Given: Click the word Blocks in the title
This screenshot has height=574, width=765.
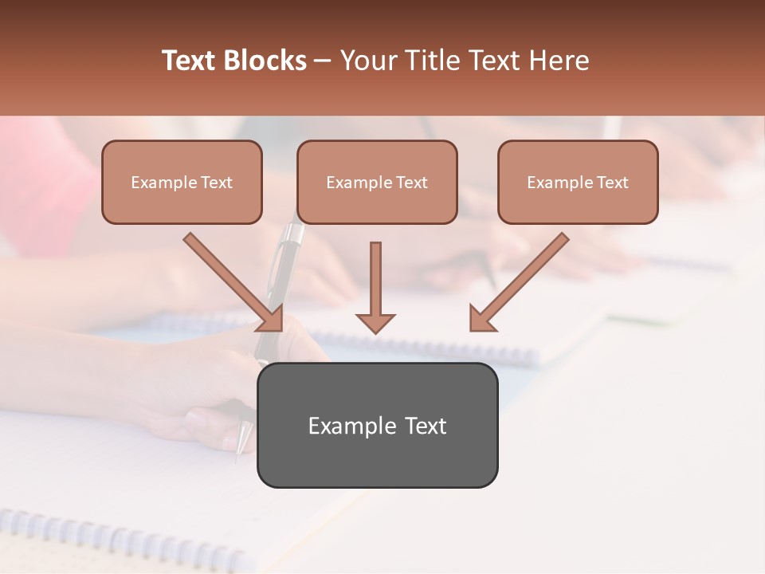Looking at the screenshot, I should [x=265, y=61].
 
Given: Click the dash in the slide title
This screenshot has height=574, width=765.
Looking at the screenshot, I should [x=324, y=61].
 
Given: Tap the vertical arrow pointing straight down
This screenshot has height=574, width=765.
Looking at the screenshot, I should [x=375, y=287].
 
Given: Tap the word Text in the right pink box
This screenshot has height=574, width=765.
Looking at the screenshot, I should [x=613, y=183].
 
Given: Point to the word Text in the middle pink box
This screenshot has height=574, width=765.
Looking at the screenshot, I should [x=412, y=183].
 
